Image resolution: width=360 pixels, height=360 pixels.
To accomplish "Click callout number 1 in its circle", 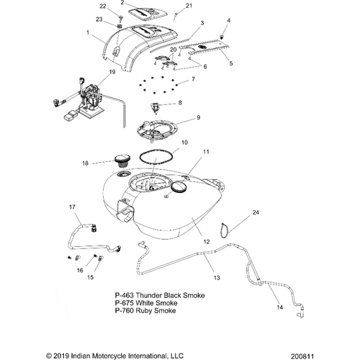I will (x=88, y=33).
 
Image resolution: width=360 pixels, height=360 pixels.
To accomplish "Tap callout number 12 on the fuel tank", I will (x=207, y=242).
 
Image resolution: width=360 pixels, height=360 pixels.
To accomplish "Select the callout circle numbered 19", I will (x=111, y=73).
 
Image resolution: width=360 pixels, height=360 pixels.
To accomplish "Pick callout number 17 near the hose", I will (x=71, y=208).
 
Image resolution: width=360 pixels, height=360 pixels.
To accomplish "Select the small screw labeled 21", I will (x=178, y=15).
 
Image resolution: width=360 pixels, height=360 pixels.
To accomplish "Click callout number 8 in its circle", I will (x=179, y=103).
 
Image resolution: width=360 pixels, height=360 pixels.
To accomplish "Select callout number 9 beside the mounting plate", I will (x=199, y=117).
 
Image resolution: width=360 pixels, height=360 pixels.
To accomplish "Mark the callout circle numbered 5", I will (x=231, y=64).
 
